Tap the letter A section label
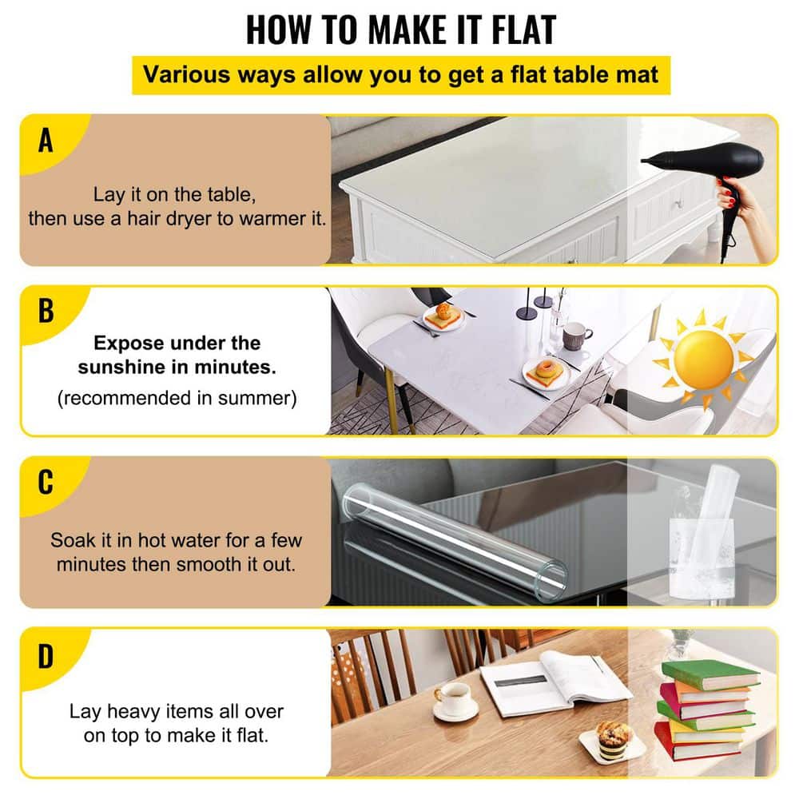click(x=46, y=141)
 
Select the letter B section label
click(x=46, y=311)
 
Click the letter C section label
click(x=46, y=482)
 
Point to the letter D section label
click(x=46, y=656)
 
